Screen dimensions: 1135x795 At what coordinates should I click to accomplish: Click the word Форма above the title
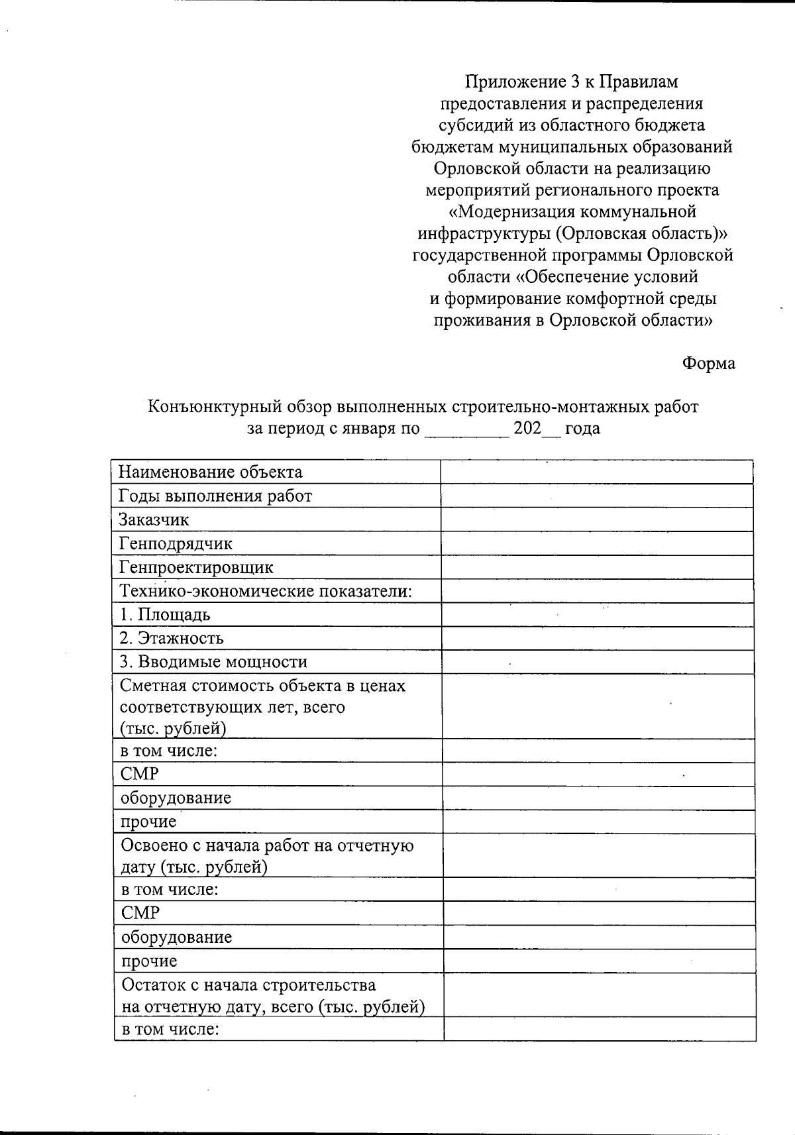(x=708, y=363)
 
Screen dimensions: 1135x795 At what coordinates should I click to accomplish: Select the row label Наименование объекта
(x=210, y=472)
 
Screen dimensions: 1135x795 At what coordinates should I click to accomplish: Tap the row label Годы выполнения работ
(x=215, y=496)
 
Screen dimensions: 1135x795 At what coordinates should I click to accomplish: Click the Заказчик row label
(x=154, y=519)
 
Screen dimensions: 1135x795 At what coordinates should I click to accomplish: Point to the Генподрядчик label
(x=176, y=543)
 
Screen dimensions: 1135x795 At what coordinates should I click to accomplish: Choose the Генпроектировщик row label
(x=196, y=567)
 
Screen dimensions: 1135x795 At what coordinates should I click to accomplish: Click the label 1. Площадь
(x=165, y=614)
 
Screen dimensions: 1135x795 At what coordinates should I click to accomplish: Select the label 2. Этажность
(x=172, y=638)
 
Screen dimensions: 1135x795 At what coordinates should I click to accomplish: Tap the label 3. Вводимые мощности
(x=213, y=662)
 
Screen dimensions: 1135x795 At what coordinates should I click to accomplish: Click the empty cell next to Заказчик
(x=596, y=519)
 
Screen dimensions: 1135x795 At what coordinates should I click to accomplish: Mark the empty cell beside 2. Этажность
(x=596, y=638)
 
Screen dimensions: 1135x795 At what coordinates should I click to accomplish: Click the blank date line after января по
(x=466, y=429)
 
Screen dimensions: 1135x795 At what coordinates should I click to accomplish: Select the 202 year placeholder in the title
(x=527, y=428)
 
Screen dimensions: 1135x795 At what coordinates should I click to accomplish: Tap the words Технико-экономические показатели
(x=266, y=591)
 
